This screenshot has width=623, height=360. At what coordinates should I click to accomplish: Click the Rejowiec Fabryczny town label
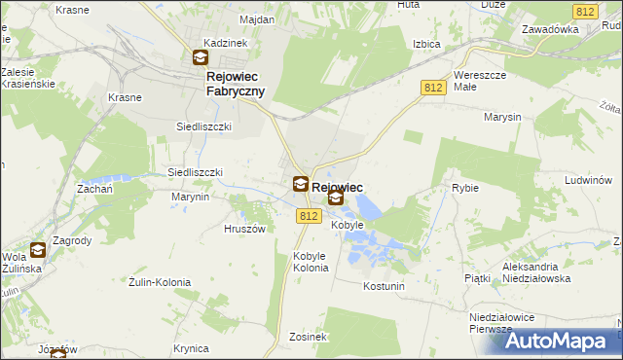click(x=236, y=83)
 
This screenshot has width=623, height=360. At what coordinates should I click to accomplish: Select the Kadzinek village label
click(x=225, y=44)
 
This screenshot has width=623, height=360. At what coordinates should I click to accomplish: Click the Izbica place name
click(x=426, y=44)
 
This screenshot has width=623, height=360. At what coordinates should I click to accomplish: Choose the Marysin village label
click(x=501, y=117)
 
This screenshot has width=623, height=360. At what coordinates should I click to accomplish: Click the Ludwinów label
click(x=587, y=180)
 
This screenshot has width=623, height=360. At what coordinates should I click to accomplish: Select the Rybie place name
click(x=464, y=188)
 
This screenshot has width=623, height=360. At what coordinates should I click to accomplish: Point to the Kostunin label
click(x=383, y=286)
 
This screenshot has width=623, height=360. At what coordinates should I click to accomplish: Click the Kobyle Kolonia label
click(x=309, y=262)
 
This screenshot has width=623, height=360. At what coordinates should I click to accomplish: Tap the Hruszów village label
click(x=244, y=230)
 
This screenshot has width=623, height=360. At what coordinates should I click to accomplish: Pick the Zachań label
click(x=95, y=189)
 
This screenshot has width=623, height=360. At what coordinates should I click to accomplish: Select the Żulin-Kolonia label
click(x=160, y=282)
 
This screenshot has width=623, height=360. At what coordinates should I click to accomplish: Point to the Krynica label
click(x=192, y=347)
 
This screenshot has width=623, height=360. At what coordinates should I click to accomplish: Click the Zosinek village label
click(x=307, y=337)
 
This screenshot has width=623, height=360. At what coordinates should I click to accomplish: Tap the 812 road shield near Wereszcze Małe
click(x=435, y=89)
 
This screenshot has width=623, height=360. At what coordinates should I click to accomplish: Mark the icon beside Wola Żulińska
click(x=37, y=250)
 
